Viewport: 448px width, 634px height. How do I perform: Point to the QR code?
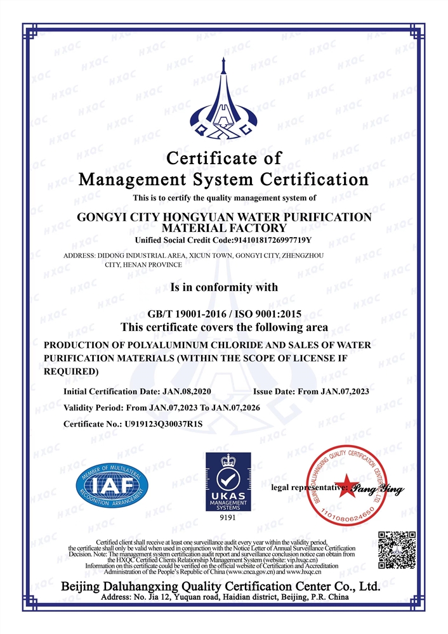pyautogui.click(x=396, y=549)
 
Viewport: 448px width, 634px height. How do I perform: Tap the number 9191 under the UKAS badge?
pyautogui.click(x=227, y=517)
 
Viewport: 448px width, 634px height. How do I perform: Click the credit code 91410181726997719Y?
pyautogui.click(x=262, y=240)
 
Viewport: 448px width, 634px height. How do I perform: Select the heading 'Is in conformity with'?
pyautogui.click(x=223, y=287)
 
